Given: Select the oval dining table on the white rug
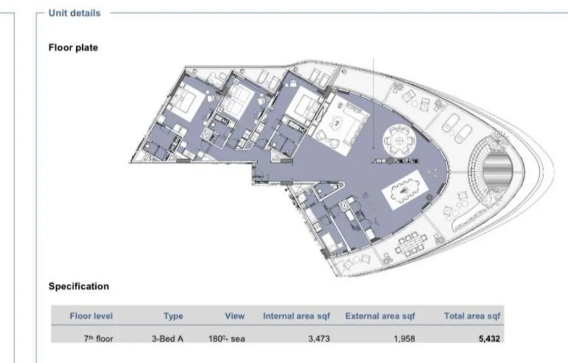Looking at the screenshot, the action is point(402,190).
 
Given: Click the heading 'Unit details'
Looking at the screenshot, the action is point(74,13).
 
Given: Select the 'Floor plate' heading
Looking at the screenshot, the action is point(73,47).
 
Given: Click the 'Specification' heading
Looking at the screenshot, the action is point(79,286).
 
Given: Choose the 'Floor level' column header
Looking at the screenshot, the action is point(91,316).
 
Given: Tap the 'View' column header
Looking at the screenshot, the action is point(235,316).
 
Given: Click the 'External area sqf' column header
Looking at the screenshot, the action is point(380,316).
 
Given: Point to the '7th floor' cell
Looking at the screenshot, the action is point(98,339).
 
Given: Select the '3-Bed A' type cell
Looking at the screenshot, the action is point(167,339).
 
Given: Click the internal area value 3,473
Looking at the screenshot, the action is point(319,339).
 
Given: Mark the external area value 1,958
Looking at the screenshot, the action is point(404,339).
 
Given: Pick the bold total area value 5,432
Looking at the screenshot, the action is point(489,339).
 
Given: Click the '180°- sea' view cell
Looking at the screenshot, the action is point(226,339).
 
